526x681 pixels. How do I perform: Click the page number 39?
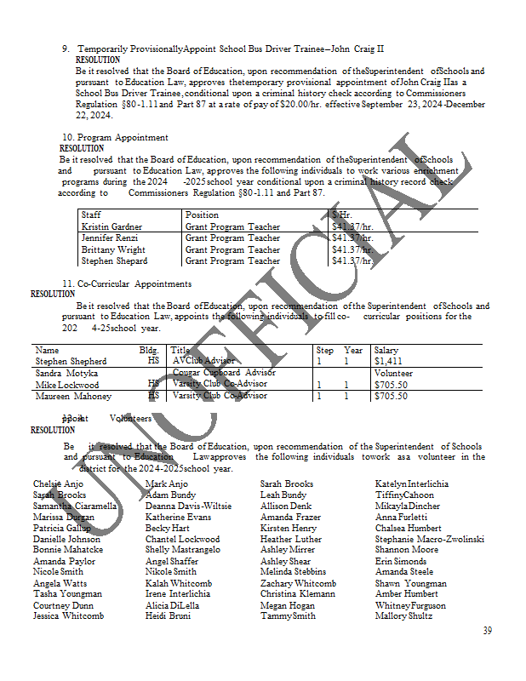pyautogui.click(x=488, y=631)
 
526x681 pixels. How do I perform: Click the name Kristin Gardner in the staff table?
pyautogui.click(x=111, y=226)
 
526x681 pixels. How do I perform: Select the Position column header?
pyautogui.click(x=202, y=215)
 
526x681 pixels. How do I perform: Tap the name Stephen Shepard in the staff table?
pyautogui.click(x=114, y=261)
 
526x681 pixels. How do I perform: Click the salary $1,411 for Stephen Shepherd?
pyautogui.click(x=388, y=361)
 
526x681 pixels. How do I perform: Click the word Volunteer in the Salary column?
pyautogui.click(x=392, y=373)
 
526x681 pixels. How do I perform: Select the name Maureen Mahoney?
pyautogui.click(x=73, y=396)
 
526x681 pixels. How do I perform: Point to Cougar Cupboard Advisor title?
pyautogui.click(x=223, y=373)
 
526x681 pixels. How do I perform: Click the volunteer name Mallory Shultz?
pyautogui.click(x=403, y=615)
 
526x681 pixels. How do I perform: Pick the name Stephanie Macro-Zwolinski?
pyautogui.click(x=429, y=539)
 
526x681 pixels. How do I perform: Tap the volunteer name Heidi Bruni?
pyautogui.click(x=168, y=615)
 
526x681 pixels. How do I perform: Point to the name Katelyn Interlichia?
pyautogui.click(x=412, y=484)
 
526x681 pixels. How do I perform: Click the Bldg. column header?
pyautogui.click(x=149, y=350)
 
